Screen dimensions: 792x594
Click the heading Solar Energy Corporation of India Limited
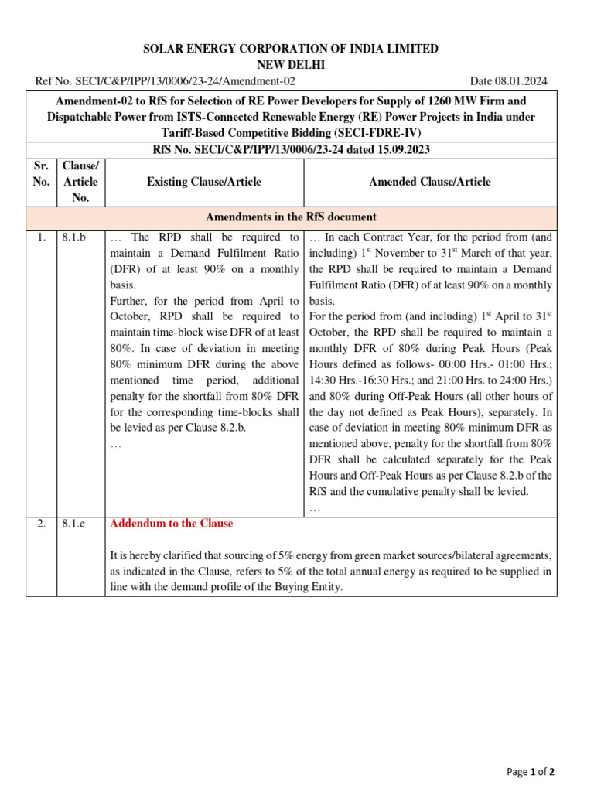(x=291, y=49)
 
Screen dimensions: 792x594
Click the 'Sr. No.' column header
(x=42, y=174)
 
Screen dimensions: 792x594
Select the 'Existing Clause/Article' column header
(x=204, y=182)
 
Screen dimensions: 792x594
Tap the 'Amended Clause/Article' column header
(x=430, y=182)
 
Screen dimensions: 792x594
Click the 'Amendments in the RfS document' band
(x=291, y=217)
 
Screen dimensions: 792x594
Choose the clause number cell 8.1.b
(x=74, y=237)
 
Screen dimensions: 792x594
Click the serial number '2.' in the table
(x=42, y=524)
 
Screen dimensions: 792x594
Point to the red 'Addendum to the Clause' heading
(x=172, y=524)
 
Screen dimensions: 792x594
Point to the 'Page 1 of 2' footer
(x=531, y=772)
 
